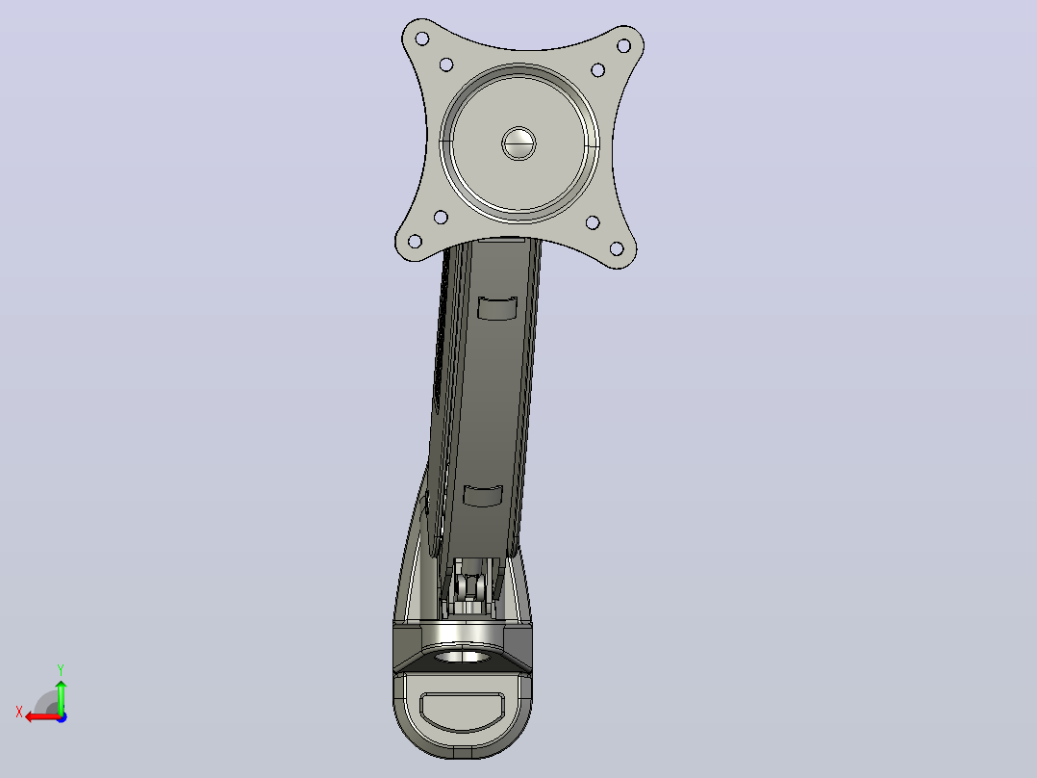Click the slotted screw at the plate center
point(518,143)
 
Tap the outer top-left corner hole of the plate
point(421,39)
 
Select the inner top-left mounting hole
point(445,65)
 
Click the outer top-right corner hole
point(623,45)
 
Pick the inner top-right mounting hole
point(597,69)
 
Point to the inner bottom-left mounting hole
point(441,218)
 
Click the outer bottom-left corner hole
point(415,241)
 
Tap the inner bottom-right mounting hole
point(593,222)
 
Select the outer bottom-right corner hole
point(617,248)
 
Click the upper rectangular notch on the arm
point(496,308)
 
